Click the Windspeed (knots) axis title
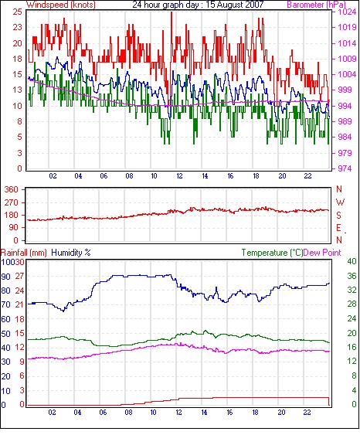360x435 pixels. coord(61,5)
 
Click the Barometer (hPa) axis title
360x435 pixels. coord(317,5)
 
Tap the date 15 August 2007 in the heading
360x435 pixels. coord(235,5)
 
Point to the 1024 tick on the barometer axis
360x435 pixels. coord(347,12)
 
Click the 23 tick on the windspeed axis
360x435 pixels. coord(17,28)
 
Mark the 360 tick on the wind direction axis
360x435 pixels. coord(11,190)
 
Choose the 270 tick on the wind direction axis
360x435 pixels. coord(11,202)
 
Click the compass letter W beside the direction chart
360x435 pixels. coord(340,202)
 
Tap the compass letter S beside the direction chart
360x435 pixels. coord(338,216)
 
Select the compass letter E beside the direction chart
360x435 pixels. coord(338,228)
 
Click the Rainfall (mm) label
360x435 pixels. coord(24,253)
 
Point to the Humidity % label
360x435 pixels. coord(71,253)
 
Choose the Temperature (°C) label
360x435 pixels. coord(272,253)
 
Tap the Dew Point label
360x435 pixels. coord(322,253)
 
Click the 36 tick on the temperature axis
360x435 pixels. coord(352,276)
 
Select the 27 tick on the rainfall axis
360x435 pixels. coord(19,276)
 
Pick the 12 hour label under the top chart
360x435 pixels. coord(179,176)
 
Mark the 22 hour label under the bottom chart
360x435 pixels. coord(307,413)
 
